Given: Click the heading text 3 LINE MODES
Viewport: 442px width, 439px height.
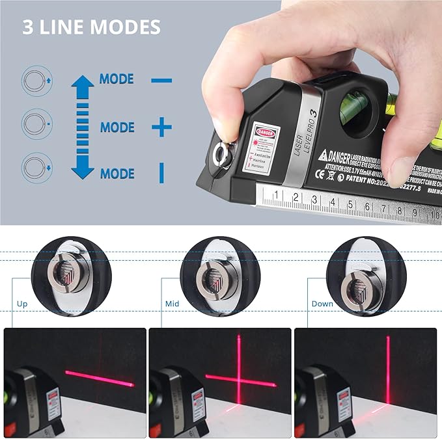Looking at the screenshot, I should [91, 27].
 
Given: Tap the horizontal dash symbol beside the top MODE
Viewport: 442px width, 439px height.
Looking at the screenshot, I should [161, 81].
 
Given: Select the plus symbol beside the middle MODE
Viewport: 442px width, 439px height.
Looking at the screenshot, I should [161, 127].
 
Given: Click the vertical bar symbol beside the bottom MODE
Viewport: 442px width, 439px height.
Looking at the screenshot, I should [161, 173].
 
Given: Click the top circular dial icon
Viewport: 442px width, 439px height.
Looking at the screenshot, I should [36, 81].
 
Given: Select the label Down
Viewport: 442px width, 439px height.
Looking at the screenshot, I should [322, 304].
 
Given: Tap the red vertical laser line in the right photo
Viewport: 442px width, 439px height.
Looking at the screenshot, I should [388, 371].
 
